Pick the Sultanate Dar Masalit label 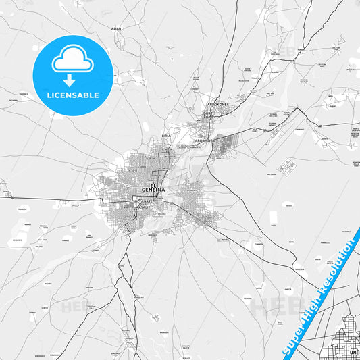point(143,204)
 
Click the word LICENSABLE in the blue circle point(72,95)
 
